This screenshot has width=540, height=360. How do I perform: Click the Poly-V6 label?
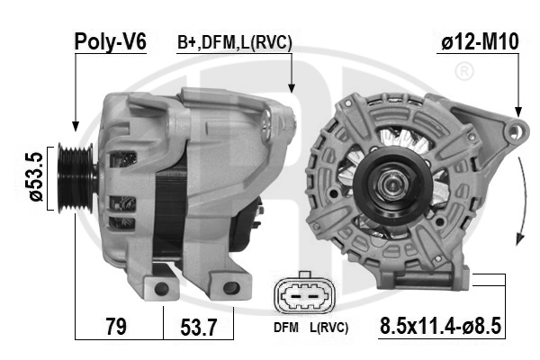109,41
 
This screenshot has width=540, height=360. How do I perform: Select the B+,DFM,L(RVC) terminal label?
234,41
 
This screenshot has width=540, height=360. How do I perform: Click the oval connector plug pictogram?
305,296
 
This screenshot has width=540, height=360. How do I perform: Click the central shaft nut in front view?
393,186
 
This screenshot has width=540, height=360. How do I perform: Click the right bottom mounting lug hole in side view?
230,287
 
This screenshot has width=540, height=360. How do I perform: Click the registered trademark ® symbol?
465,70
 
